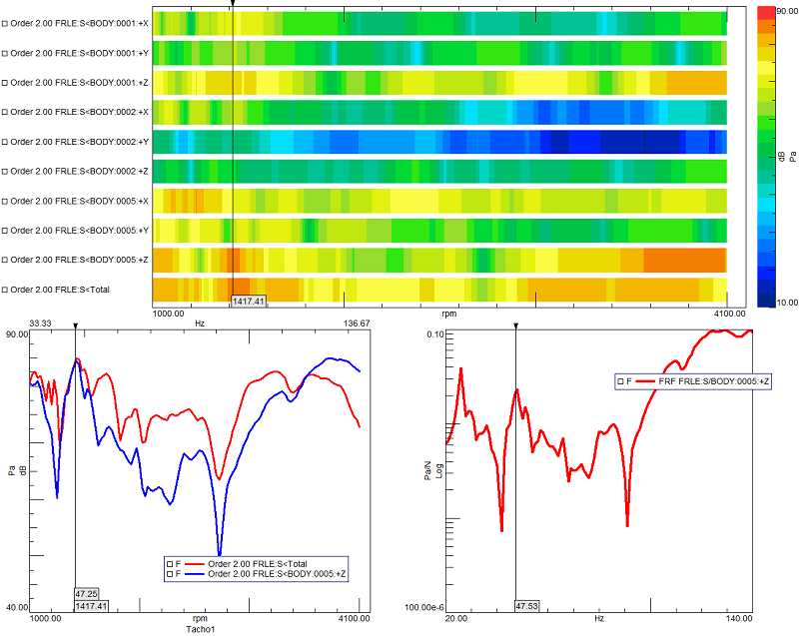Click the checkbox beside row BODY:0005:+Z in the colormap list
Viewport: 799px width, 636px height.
[x=5, y=261]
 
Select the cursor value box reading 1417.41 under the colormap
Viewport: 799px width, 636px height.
[x=248, y=301]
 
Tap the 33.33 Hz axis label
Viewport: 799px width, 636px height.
[x=41, y=323]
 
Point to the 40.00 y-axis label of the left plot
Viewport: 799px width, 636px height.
[x=17, y=607]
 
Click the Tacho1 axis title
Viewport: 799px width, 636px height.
[x=200, y=629]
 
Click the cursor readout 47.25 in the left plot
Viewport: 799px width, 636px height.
[x=86, y=593]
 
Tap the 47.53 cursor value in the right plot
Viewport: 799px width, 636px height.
[x=526, y=605]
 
